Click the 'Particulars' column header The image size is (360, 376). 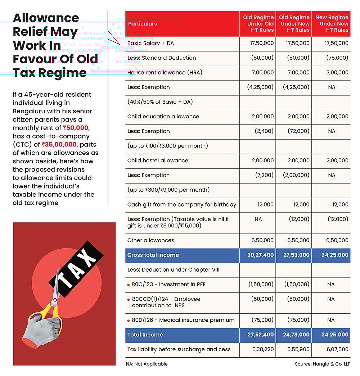[x=142, y=24]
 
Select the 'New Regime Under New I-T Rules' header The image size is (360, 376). [x=332, y=24]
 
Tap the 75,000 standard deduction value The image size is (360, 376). [x=337, y=58]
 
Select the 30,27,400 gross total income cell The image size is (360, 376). [x=260, y=255]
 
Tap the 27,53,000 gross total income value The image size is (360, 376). [x=297, y=255]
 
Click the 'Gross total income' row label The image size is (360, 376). [x=153, y=255]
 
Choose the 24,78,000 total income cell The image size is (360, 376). [x=297, y=335]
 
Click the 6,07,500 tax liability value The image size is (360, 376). [x=337, y=349]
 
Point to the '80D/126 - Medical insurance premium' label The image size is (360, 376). [x=183, y=320]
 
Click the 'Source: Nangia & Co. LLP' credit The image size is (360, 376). [x=322, y=364]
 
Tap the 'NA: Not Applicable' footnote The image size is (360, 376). [x=147, y=364]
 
